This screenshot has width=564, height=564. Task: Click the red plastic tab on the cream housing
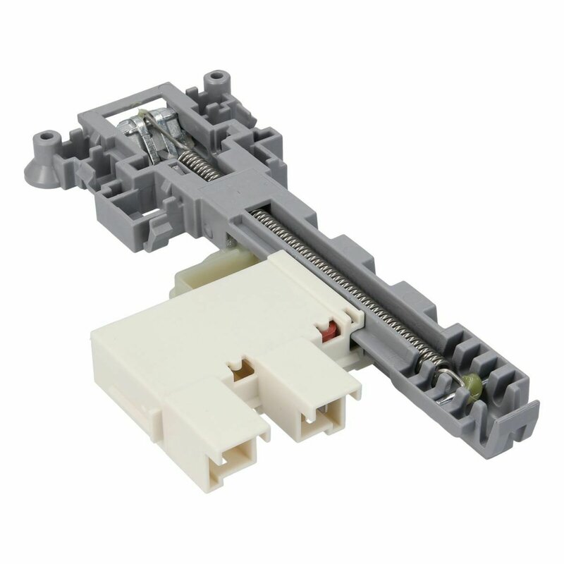[x=326, y=330]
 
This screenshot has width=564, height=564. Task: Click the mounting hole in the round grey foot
[x=49, y=133]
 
